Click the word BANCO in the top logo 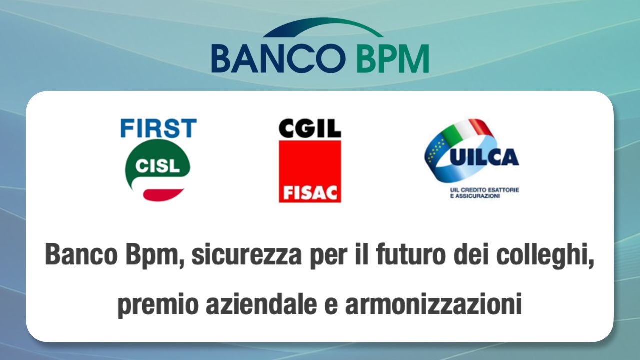click(278, 58)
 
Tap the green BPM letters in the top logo click(393, 58)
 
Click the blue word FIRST click(159, 128)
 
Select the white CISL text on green click(157, 166)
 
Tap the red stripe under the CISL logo click(163, 195)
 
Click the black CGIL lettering click(310, 129)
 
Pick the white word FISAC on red click(310, 193)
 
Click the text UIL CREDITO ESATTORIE click(484, 190)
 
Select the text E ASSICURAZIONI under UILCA click(475, 196)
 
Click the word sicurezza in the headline click(246, 254)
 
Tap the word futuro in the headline click(411, 254)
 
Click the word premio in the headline click(158, 304)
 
